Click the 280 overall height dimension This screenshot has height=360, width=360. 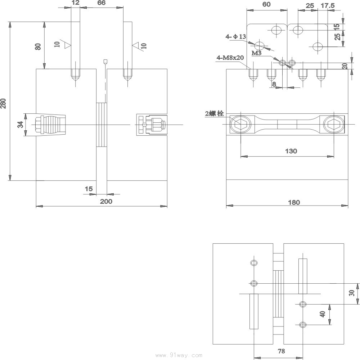pyautogui.click(x=4, y=103)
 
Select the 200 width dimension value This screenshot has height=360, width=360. pyautogui.click(x=106, y=201)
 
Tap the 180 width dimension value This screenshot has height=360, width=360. pyautogui.click(x=294, y=202)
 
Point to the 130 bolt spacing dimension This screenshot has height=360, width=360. pyautogui.click(x=291, y=151)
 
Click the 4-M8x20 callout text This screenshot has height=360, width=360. pyautogui.click(x=230, y=58)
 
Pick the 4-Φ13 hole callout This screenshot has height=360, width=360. pyautogui.click(x=236, y=37)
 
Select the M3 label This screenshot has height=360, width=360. pyautogui.click(x=256, y=53)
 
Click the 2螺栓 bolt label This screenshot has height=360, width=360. pyautogui.click(x=214, y=114)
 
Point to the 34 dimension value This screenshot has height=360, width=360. pyautogui.click(x=21, y=125)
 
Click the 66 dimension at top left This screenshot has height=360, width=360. pyautogui.click(x=101, y=3)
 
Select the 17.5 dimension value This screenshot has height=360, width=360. pyautogui.click(x=327, y=6)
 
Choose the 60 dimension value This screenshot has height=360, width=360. pyautogui.click(x=266, y=4)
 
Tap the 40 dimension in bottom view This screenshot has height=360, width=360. pyautogui.click(x=323, y=314)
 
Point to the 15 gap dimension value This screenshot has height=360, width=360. pyautogui.click(x=89, y=189)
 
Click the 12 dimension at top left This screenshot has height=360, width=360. pyautogui.click(x=75, y=3)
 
